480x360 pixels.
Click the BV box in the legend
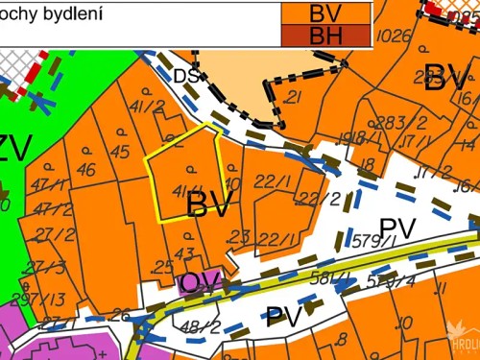pos(324,13)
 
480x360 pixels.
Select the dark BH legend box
pos(324,36)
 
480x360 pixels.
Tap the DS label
pos(186,76)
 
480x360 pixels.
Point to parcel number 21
pos(294,97)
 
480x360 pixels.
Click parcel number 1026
pos(395,36)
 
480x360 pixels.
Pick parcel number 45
pos(119,152)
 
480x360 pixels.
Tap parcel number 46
pos(85,170)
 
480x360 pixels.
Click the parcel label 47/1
pos(44,184)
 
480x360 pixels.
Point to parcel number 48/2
pos(201,327)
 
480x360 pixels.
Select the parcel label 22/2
pos(321,199)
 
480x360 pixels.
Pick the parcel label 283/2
pos(392,122)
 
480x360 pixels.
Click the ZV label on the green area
pos(13,149)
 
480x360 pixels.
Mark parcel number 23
pos(239,236)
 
